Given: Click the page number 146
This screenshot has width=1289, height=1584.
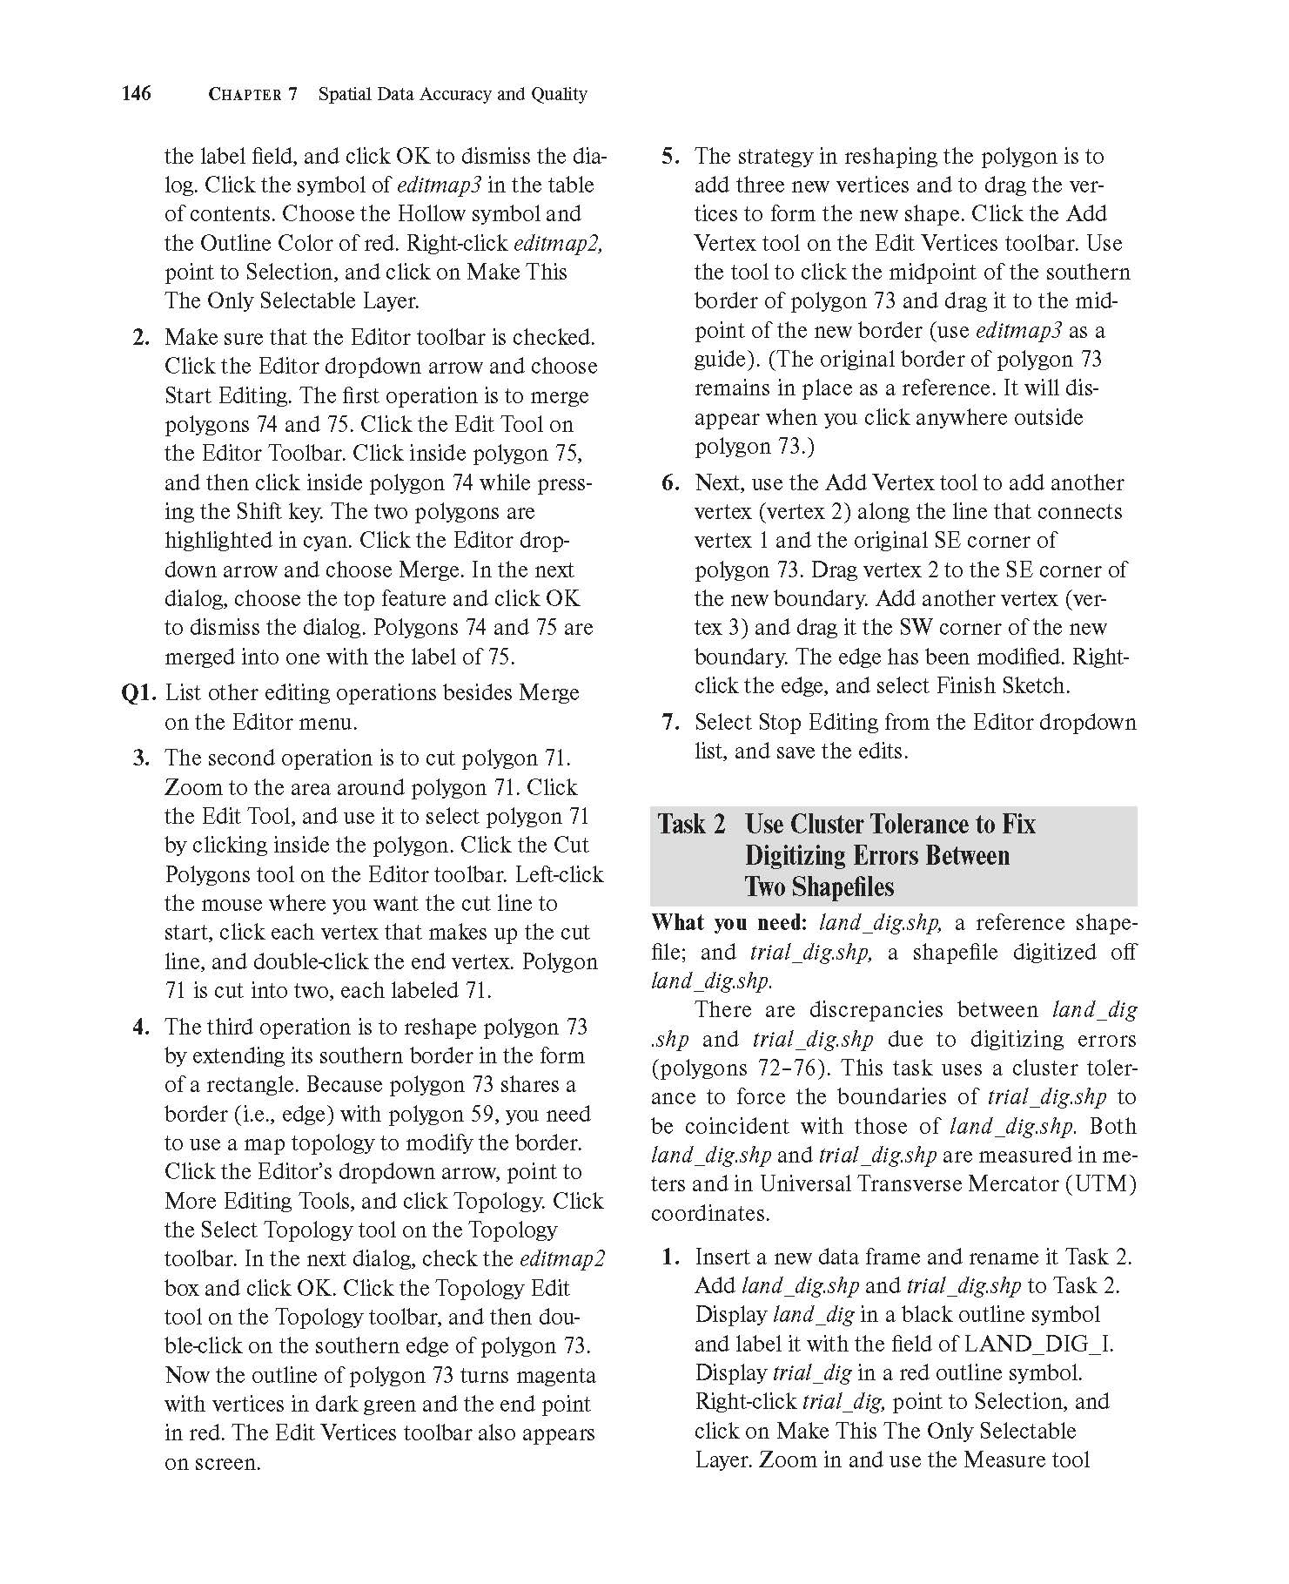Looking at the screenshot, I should tap(137, 93).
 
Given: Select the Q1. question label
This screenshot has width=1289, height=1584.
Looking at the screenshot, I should tap(140, 693).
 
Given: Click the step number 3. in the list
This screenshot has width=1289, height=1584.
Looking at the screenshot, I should tap(143, 758).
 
